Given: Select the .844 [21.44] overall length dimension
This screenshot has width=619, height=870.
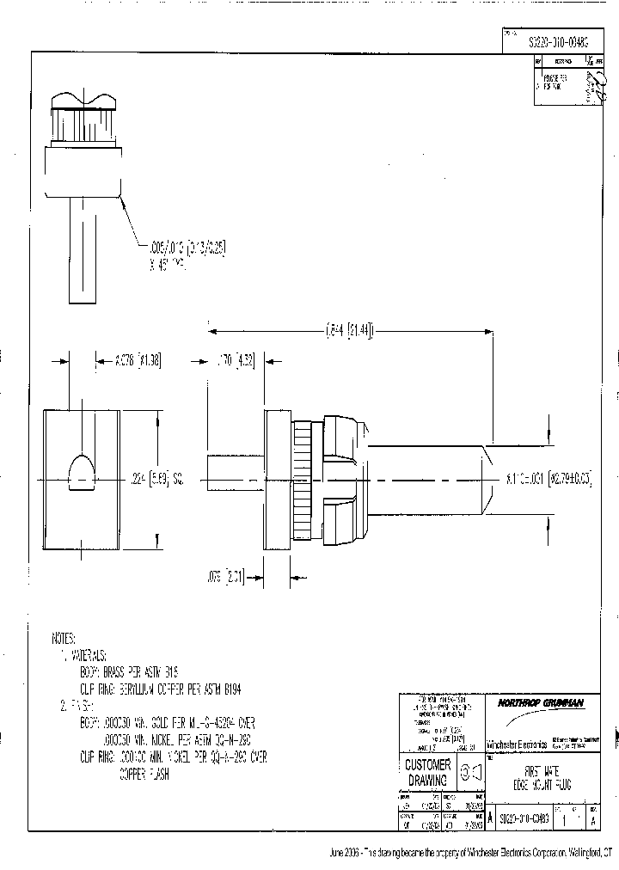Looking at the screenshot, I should (351, 330).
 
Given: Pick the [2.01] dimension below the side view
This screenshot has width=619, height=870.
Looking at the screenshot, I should (228, 580).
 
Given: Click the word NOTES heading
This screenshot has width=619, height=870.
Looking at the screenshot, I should (64, 640).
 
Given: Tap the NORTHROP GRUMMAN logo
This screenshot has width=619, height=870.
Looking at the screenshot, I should (541, 702).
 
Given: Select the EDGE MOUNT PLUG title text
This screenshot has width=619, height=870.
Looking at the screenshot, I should (541, 784).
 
